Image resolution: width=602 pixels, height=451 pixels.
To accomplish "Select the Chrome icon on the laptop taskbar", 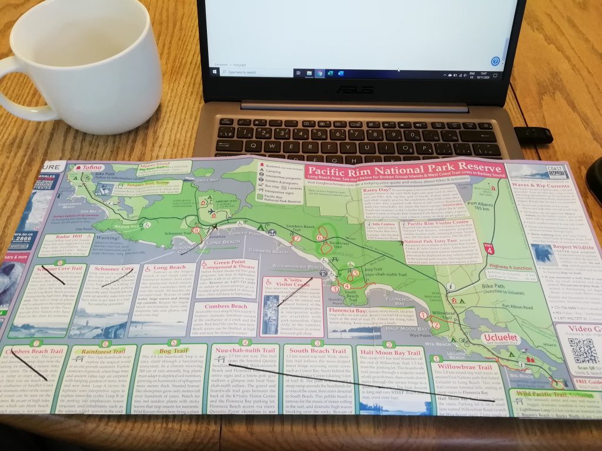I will click(319, 73).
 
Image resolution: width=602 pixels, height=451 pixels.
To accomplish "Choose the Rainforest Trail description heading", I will click(108, 351).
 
